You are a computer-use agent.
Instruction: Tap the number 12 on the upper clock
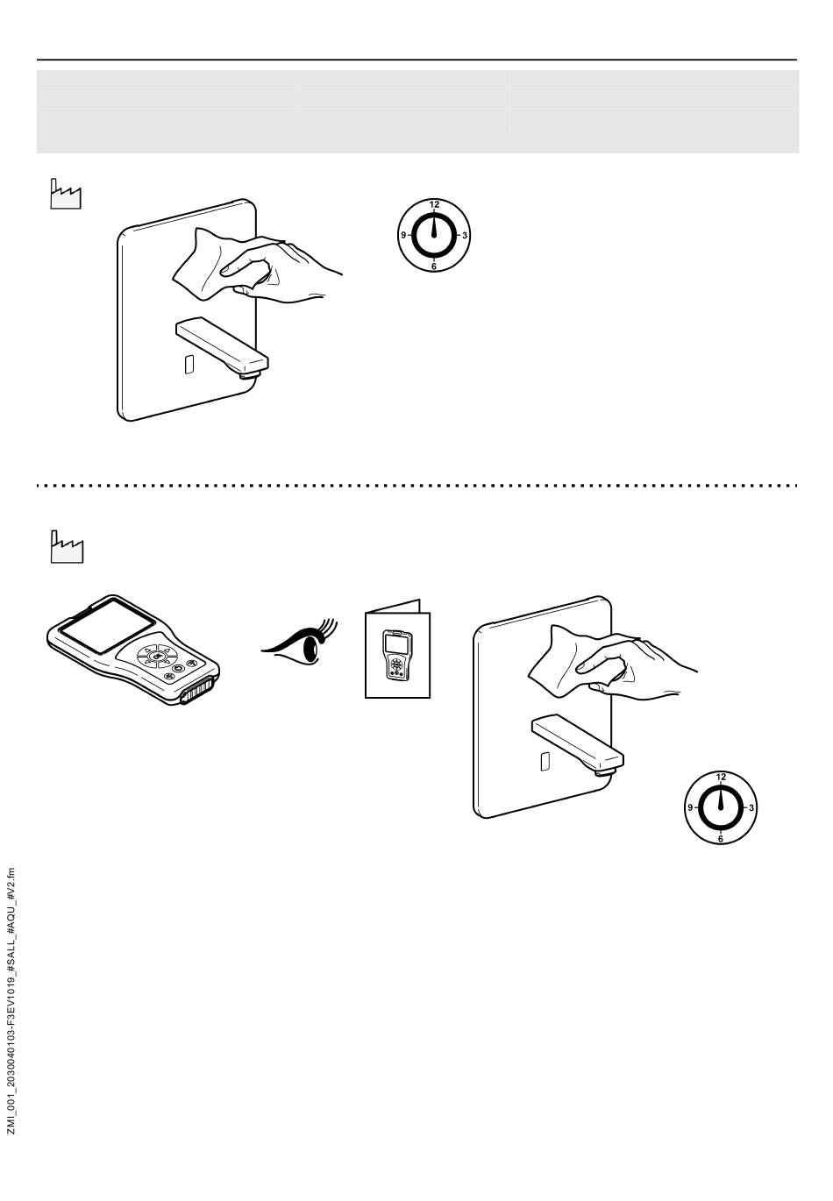(434, 205)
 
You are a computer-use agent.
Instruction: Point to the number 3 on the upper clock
(465, 235)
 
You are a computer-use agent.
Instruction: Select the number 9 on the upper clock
(403, 235)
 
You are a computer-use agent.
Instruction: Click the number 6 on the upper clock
(434, 266)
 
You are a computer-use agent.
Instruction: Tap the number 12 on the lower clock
(721, 778)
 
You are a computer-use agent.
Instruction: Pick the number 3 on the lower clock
(751, 807)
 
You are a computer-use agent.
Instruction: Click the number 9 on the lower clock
(690, 807)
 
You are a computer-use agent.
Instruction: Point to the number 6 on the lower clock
(721, 838)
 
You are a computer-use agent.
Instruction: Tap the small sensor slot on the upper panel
(189, 365)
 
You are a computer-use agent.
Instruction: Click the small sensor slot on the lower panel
(545, 761)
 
